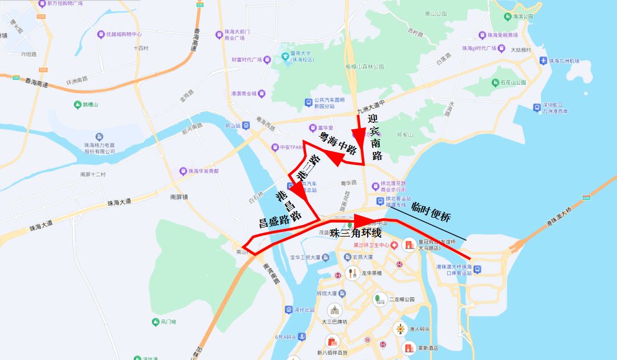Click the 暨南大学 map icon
pos(285,56)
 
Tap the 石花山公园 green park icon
pos(495,82)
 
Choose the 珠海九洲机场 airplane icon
pos(543,61)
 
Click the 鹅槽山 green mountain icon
pos(78,105)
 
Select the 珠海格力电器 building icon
pos(100,137)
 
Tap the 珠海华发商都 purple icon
pos(184,170)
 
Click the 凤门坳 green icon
pos(155,322)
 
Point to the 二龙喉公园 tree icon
pos(379,299)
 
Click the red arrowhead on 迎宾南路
pos(359,135)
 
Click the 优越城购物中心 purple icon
pos(101,34)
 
